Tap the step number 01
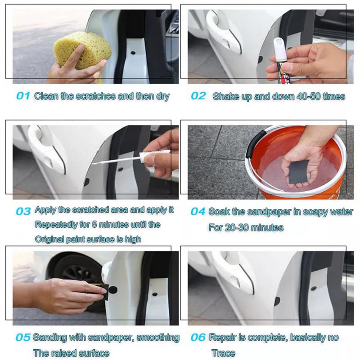click(23, 96)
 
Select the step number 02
click(198, 96)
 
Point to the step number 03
click(23, 211)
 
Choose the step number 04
click(198, 211)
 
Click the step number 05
click(23, 337)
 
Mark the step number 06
click(198, 337)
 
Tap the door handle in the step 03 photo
click(47, 149)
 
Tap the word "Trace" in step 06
click(223, 353)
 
